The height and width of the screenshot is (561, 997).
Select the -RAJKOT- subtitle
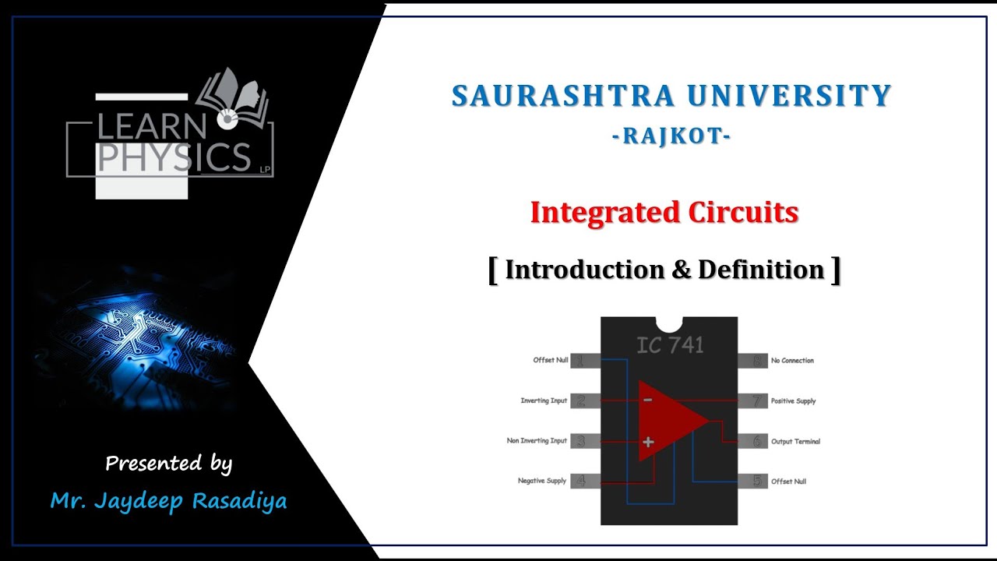[671, 136]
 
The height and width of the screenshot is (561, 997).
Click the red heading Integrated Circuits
[664, 212]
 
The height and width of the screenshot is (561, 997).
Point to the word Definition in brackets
[761, 270]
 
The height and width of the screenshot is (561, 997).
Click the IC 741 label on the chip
[669, 345]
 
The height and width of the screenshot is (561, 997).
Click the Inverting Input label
[544, 400]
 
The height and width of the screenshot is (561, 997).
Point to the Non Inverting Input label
[537, 441]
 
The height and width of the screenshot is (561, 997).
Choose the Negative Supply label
[542, 481]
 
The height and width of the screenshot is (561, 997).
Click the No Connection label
[792, 361]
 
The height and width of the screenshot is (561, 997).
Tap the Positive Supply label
[793, 401]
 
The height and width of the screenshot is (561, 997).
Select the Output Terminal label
[795, 442]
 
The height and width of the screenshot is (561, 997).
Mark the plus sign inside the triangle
[647, 442]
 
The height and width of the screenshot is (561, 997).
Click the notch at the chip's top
[669, 322]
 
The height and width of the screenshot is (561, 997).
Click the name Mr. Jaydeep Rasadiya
[168, 500]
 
